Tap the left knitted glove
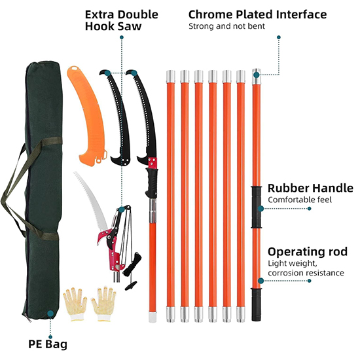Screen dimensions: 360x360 point(75,304)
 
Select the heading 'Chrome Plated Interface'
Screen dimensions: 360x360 point(257,14)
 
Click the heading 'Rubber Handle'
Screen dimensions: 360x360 point(310,188)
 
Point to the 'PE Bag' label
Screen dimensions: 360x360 point(48,344)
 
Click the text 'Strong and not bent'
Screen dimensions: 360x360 point(226,26)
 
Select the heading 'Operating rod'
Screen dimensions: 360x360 point(308,251)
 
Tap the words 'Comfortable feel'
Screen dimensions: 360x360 point(300,200)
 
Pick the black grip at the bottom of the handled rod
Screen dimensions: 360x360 point(257,304)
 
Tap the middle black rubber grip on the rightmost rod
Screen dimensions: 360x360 point(257,207)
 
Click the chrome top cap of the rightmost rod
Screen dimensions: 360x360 point(256,76)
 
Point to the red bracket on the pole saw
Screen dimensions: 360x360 point(153,163)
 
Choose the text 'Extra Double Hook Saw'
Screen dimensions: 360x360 point(122,20)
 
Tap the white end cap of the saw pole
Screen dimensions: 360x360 point(153,316)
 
